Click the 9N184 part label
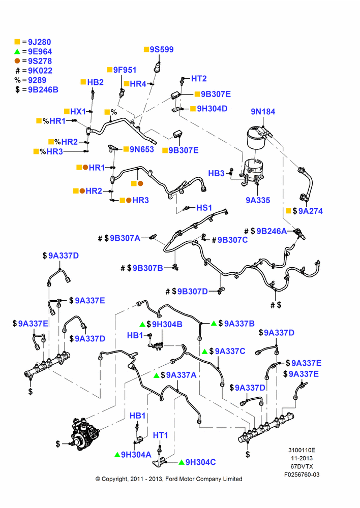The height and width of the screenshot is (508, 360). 263,112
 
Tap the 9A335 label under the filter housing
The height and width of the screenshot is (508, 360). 258,200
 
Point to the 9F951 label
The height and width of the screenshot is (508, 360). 125,70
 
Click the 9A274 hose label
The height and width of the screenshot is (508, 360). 310,211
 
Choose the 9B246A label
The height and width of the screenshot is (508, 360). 272,231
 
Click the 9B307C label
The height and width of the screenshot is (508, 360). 232,240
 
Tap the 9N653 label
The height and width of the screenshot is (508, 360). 142,149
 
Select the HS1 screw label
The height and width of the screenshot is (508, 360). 204,208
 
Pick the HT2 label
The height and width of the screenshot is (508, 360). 199,79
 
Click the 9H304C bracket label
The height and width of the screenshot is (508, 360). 200,462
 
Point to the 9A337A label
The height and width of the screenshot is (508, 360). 182,375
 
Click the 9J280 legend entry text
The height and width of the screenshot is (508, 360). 40,42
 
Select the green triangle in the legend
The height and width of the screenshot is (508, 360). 17,51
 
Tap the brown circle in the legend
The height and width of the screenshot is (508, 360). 17,61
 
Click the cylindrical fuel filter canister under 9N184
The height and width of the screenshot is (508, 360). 256,138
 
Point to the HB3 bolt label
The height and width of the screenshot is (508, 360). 216,174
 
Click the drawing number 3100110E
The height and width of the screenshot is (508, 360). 302,450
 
